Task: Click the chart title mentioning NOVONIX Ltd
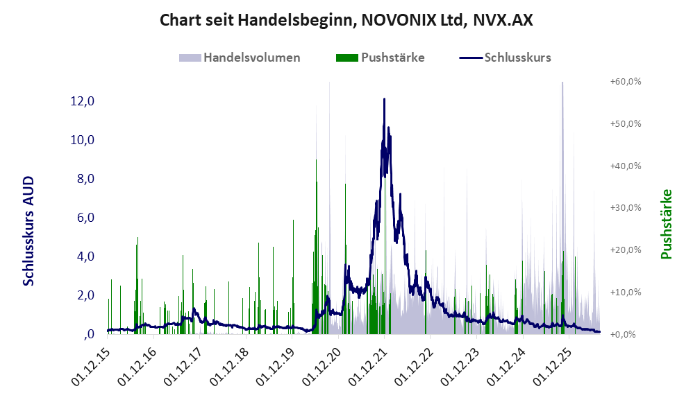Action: coord(346,20)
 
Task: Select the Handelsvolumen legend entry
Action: coord(240,58)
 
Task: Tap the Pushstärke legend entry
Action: coord(380,58)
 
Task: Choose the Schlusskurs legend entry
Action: coord(505,58)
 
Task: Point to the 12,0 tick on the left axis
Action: coord(82,101)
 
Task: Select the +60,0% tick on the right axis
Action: coord(626,82)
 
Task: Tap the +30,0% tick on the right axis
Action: coord(626,208)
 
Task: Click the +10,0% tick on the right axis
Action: coord(626,292)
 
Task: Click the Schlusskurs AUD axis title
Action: coord(28,231)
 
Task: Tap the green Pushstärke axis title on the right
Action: coord(666,224)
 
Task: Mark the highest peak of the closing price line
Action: coord(384,99)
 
